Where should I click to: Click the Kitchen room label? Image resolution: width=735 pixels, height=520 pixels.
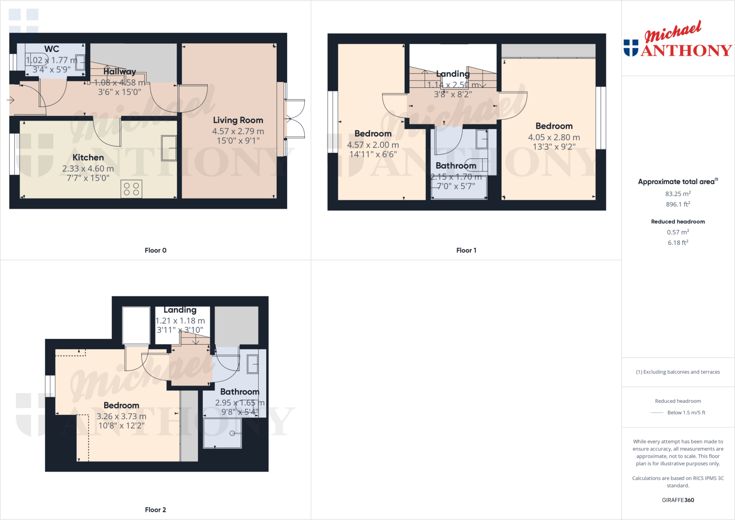point(88,158)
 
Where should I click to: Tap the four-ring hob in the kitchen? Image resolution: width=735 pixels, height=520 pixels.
point(131,189)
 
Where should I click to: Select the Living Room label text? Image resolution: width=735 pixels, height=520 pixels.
point(238,120)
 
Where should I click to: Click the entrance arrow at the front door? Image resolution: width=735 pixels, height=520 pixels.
point(11,100)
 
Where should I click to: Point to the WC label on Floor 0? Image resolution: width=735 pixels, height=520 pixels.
point(52,49)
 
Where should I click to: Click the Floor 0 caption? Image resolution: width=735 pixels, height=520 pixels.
point(155,250)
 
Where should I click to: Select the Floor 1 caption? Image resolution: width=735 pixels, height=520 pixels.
point(466,250)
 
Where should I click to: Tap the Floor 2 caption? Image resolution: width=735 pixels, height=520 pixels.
point(155,510)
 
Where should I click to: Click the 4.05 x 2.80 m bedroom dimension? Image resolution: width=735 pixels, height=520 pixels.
point(554,137)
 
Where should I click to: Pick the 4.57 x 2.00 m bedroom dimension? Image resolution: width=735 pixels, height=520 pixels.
point(373,145)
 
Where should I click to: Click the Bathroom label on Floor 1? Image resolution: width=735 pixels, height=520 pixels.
point(456,166)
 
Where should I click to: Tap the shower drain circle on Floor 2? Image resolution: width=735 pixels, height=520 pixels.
point(232,433)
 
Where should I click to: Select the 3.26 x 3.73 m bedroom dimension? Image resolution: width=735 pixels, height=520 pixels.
point(121,417)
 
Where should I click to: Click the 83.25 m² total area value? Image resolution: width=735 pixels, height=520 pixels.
point(678,194)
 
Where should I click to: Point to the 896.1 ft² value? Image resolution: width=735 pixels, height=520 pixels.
point(678,204)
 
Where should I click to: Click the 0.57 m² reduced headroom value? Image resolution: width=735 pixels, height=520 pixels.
point(678,232)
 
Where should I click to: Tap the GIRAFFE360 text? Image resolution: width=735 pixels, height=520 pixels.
point(678,500)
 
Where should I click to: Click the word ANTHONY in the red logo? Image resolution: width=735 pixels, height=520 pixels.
point(686,51)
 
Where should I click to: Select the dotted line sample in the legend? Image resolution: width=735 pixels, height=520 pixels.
point(657,413)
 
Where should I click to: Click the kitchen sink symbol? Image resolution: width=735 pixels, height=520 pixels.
point(169,148)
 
